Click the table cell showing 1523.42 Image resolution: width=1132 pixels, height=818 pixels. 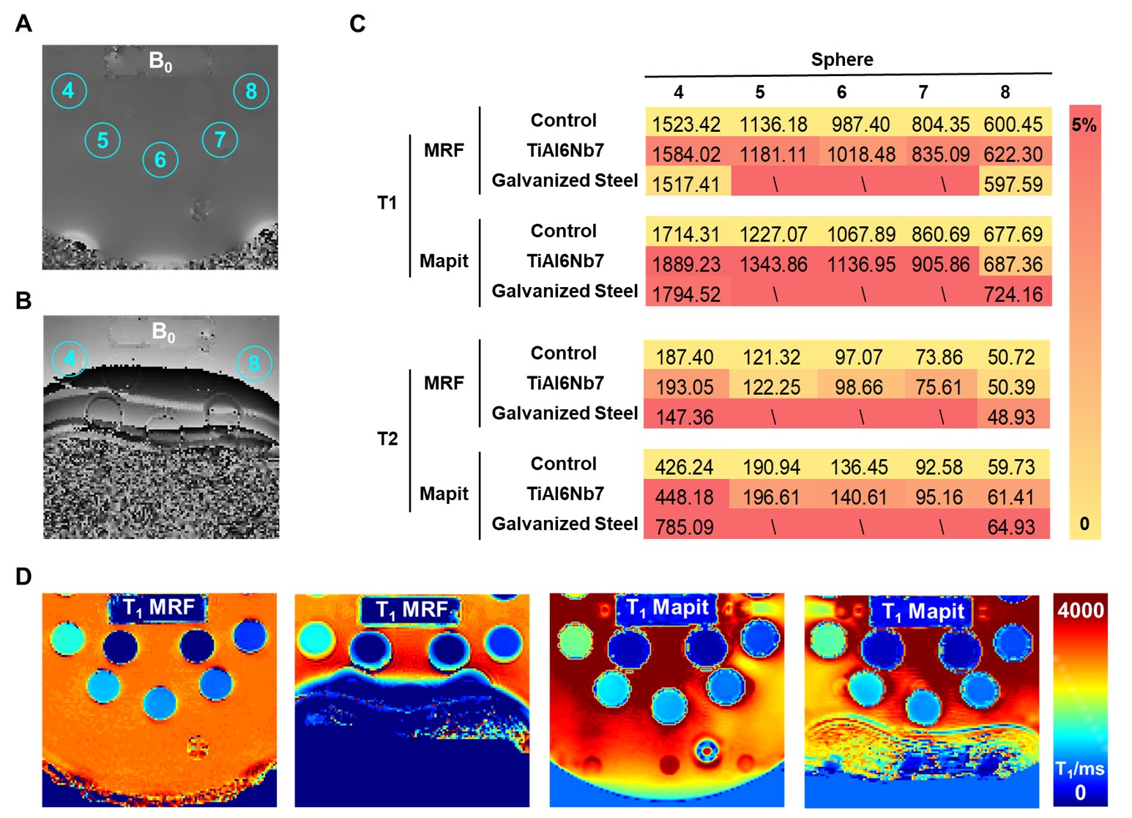[x=686, y=124]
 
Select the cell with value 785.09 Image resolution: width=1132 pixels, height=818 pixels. [x=685, y=527]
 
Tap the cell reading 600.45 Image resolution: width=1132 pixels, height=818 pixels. [x=1013, y=124]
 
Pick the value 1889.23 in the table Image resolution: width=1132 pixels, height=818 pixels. [x=686, y=264]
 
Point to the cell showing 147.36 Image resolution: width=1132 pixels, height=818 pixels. [x=685, y=417]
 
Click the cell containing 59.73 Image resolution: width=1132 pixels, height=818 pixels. [x=1011, y=467]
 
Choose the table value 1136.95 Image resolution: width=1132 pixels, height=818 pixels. [x=860, y=264]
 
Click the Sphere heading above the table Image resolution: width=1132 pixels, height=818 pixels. [x=842, y=59]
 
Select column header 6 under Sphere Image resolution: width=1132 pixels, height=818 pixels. [x=841, y=92]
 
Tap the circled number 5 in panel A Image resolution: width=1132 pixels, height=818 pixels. [x=103, y=141]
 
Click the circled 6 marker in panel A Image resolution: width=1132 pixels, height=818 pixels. [x=160, y=160]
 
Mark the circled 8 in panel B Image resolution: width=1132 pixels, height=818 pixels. [x=254, y=363]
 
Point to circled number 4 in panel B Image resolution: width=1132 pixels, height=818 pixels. [x=70, y=358]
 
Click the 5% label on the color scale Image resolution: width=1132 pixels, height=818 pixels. [x=1084, y=125]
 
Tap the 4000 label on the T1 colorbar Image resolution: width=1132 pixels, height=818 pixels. [x=1081, y=610]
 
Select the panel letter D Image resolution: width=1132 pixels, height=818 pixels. [x=23, y=576]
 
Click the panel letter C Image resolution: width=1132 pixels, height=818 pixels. [x=357, y=23]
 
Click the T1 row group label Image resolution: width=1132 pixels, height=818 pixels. [x=387, y=204]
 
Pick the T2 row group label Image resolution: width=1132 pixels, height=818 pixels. [x=387, y=439]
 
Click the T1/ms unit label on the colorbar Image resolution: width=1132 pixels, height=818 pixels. [x=1080, y=770]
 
